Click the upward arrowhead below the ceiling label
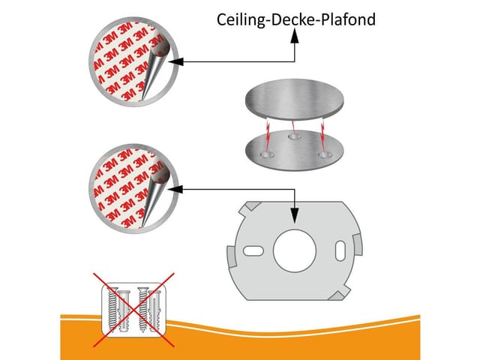click(295, 36)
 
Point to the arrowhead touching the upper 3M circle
click(175, 61)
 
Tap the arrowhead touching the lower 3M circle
click(175, 190)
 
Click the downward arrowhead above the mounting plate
click(295, 215)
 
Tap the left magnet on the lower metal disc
click(267, 154)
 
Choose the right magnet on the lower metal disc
click(325, 154)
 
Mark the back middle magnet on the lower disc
click(295, 136)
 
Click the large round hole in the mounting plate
click(295, 251)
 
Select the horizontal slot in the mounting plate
click(253, 251)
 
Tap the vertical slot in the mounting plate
click(340, 251)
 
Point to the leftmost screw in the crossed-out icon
click(113, 309)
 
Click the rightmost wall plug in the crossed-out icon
click(154, 310)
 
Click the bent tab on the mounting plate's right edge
click(358, 244)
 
